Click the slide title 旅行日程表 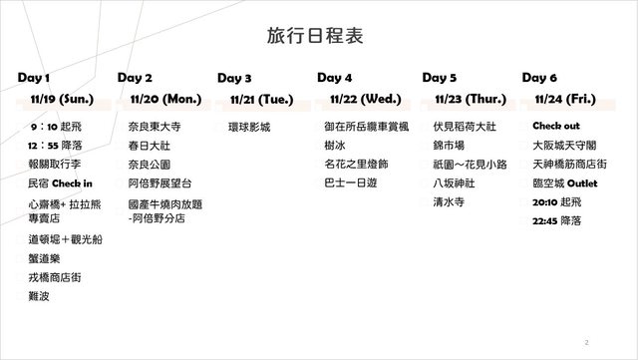point(315,36)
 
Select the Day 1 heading point(34,78)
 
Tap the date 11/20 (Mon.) point(166,99)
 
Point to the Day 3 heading point(234,78)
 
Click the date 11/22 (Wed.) point(366,99)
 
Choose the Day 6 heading point(539,78)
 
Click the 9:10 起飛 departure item point(56,127)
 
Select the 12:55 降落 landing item point(55,146)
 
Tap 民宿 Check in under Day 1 point(60,183)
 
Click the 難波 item point(39,296)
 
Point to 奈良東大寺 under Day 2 point(155,127)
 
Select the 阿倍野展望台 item point(159,183)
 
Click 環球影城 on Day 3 point(249,127)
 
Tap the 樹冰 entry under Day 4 point(335,146)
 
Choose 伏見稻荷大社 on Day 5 point(465,127)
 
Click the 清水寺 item point(449,202)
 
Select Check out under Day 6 point(556,126)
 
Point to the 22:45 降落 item point(557,221)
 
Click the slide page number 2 point(587,342)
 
